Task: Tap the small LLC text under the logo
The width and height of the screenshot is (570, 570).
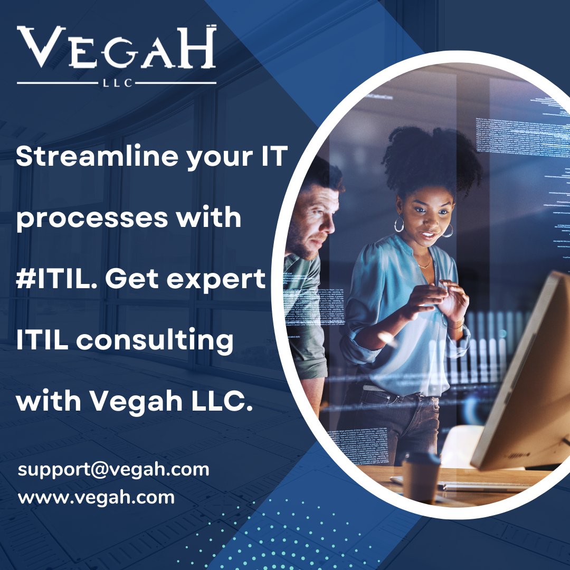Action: click(x=116, y=83)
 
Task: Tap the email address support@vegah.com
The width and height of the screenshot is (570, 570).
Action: click(x=113, y=469)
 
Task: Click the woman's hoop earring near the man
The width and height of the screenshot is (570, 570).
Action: click(x=399, y=224)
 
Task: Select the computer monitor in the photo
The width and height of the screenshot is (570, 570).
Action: click(x=522, y=369)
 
